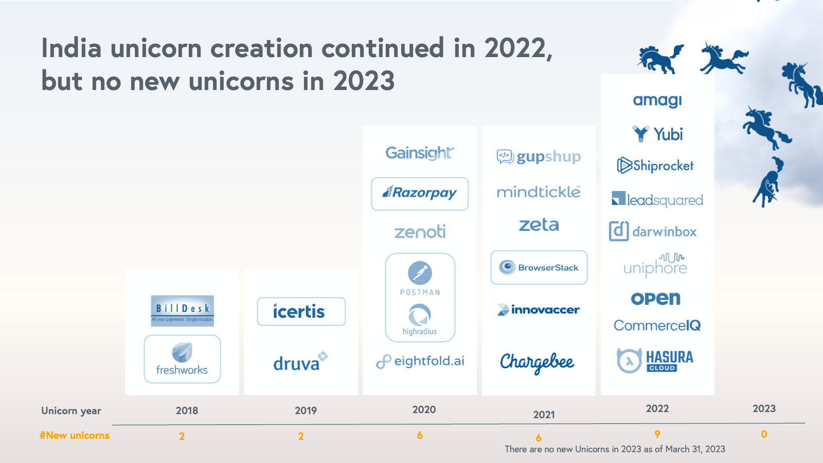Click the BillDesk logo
point(182,311)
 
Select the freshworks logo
point(182,359)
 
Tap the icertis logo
point(301,311)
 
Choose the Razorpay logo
point(420,193)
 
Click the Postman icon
point(420,273)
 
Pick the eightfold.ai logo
point(420,361)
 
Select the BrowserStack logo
point(539,268)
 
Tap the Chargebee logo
point(537,362)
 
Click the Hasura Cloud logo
point(655,360)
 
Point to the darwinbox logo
point(653,232)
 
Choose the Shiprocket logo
point(655,166)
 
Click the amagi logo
point(657,100)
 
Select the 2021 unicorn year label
point(544,415)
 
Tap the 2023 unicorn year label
point(764,408)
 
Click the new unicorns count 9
point(657,434)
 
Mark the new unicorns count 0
point(764,434)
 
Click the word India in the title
point(71,48)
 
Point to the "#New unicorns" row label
point(75,435)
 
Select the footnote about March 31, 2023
point(615,449)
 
